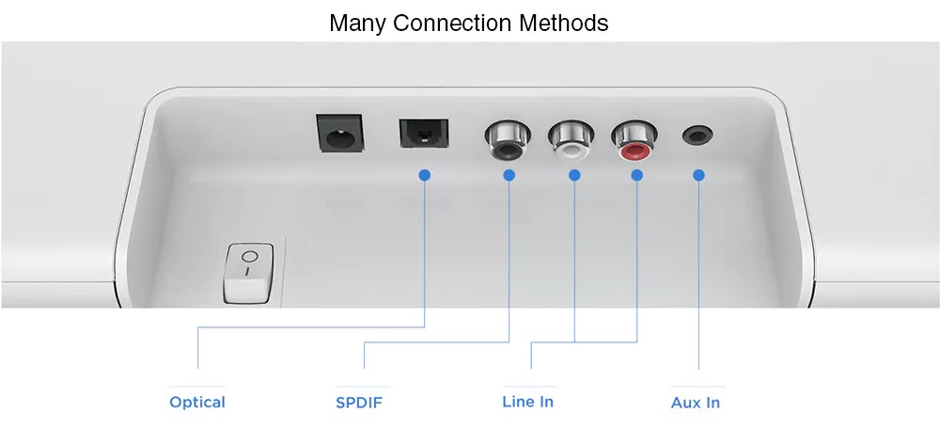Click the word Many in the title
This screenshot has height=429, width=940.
357,23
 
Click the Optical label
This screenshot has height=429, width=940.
197,403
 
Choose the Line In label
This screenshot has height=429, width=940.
527,402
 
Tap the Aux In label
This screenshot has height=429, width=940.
696,403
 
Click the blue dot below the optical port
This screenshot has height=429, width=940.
425,175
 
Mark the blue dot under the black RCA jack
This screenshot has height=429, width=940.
509,175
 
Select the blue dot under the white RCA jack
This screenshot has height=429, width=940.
574,175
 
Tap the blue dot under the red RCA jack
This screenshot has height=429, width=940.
636,175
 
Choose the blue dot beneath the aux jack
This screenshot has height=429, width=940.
698,175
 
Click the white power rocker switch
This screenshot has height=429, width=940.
248,274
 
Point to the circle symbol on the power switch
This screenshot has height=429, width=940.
248,257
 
